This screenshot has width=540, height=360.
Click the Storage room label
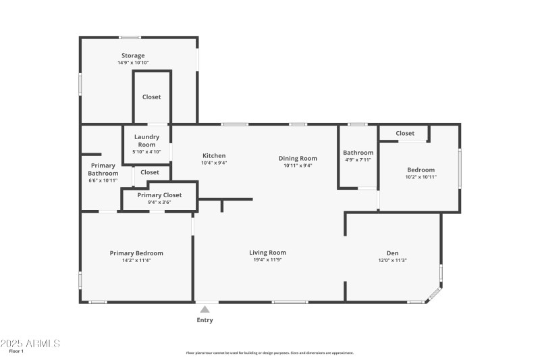point(133,55)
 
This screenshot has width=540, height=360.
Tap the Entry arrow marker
point(205,309)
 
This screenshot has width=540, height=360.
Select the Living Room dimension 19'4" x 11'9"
point(268,260)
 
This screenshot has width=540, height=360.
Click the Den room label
point(392,253)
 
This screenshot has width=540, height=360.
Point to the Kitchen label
point(213,155)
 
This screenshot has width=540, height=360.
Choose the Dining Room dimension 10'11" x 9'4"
point(298,165)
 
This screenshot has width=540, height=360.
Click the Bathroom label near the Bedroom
point(358,153)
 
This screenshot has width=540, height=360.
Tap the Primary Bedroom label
point(136,253)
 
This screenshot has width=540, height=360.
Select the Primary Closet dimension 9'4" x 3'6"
point(159,202)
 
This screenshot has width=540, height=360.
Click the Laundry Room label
point(146,140)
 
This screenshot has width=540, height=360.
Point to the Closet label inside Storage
point(151,97)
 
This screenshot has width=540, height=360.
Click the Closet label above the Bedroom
point(405,133)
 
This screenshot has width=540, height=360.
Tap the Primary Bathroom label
point(103,170)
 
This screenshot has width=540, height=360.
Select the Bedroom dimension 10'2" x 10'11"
point(421,177)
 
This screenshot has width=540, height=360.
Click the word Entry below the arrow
point(205,320)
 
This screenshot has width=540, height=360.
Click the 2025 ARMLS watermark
point(30,343)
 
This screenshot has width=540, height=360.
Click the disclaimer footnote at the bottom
point(269,353)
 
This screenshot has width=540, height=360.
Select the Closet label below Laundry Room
point(150,172)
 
